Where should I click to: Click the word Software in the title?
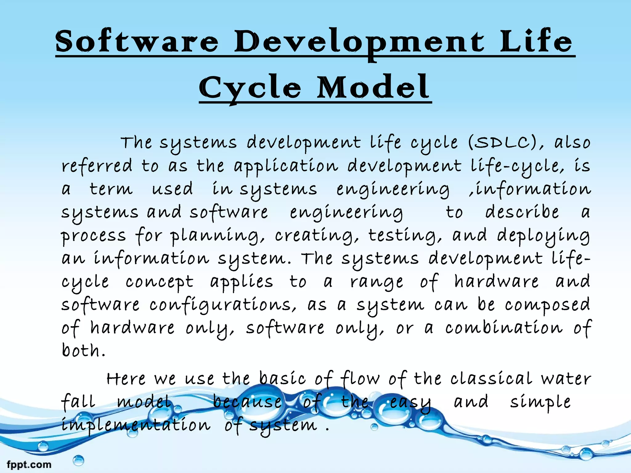(137, 42)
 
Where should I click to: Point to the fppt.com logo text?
(29, 464)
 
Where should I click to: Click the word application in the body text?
(286, 167)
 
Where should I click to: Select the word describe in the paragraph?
(522, 212)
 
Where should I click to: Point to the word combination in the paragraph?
(504, 328)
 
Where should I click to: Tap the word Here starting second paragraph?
(126, 379)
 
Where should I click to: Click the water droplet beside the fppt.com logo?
(79, 460)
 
